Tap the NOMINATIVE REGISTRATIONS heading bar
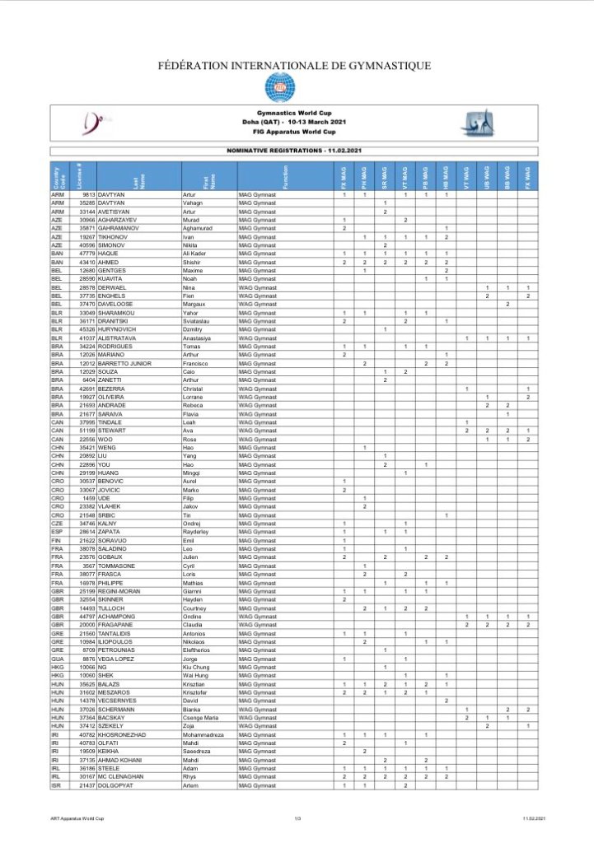coord(297,151)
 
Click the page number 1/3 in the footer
coord(297,817)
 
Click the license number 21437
coord(87,786)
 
